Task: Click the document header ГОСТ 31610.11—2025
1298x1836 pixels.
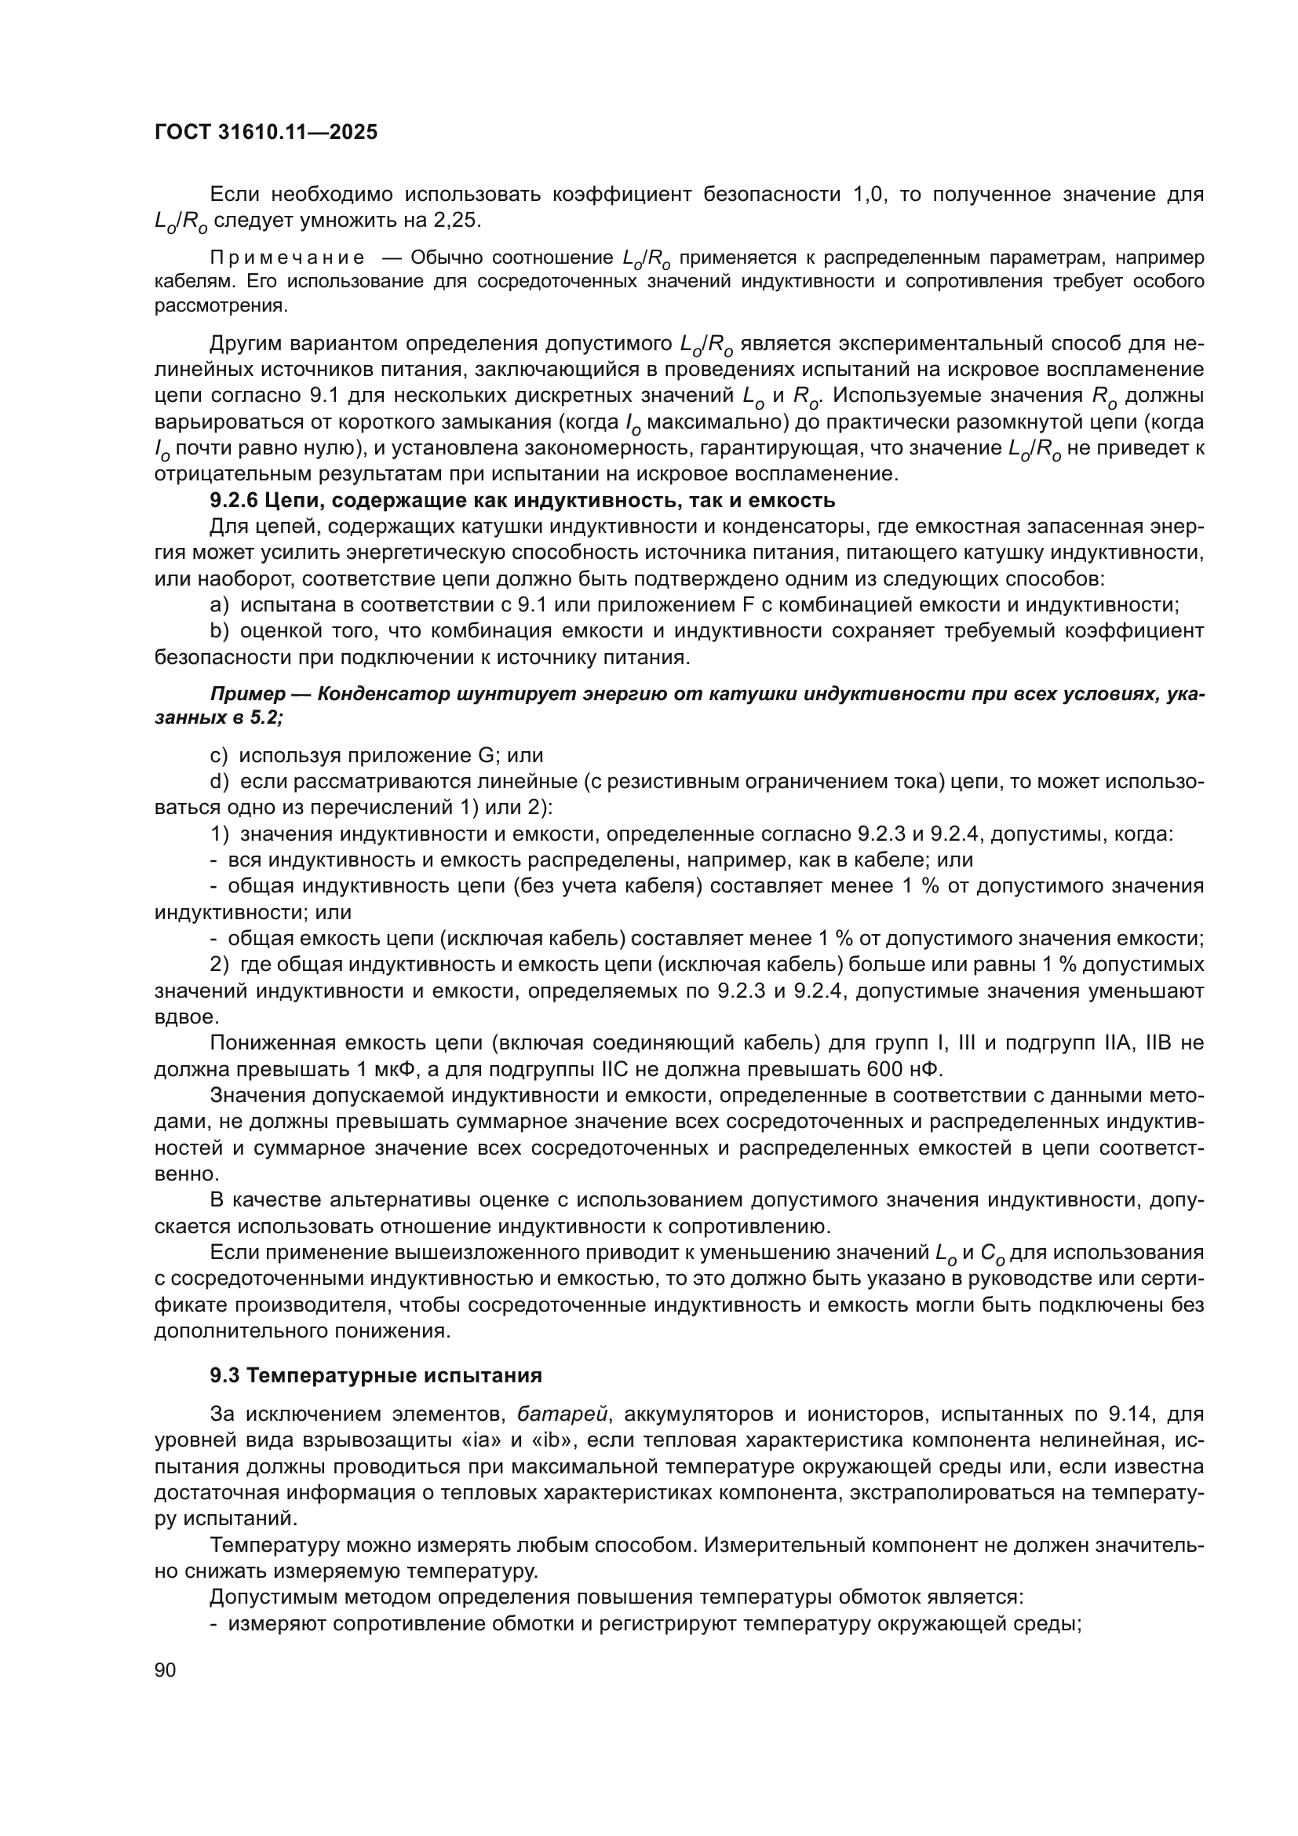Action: pos(265,133)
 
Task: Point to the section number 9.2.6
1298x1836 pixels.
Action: pos(233,502)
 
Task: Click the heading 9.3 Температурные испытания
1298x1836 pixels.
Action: pos(376,1375)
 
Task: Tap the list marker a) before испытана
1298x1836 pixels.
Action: pos(220,605)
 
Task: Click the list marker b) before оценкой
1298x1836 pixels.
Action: pos(220,631)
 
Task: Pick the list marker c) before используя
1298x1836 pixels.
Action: pos(219,756)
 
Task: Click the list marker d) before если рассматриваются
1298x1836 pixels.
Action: pos(220,781)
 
